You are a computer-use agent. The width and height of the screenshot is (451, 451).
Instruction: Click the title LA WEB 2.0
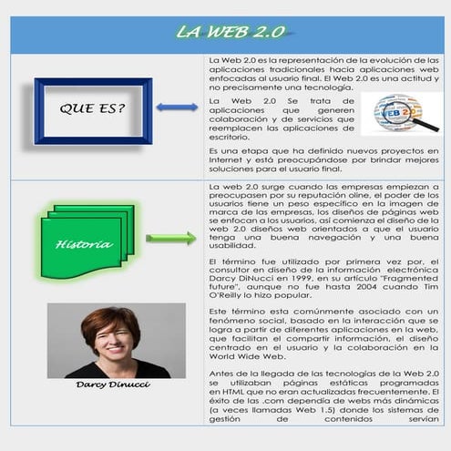(x=231, y=33)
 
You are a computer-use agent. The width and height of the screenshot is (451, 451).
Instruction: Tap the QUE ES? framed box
(x=92, y=109)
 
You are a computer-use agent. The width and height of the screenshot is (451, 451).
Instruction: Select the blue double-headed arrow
(x=176, y=108)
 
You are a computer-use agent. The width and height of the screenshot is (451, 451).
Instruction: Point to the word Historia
(x=84, y=244)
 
